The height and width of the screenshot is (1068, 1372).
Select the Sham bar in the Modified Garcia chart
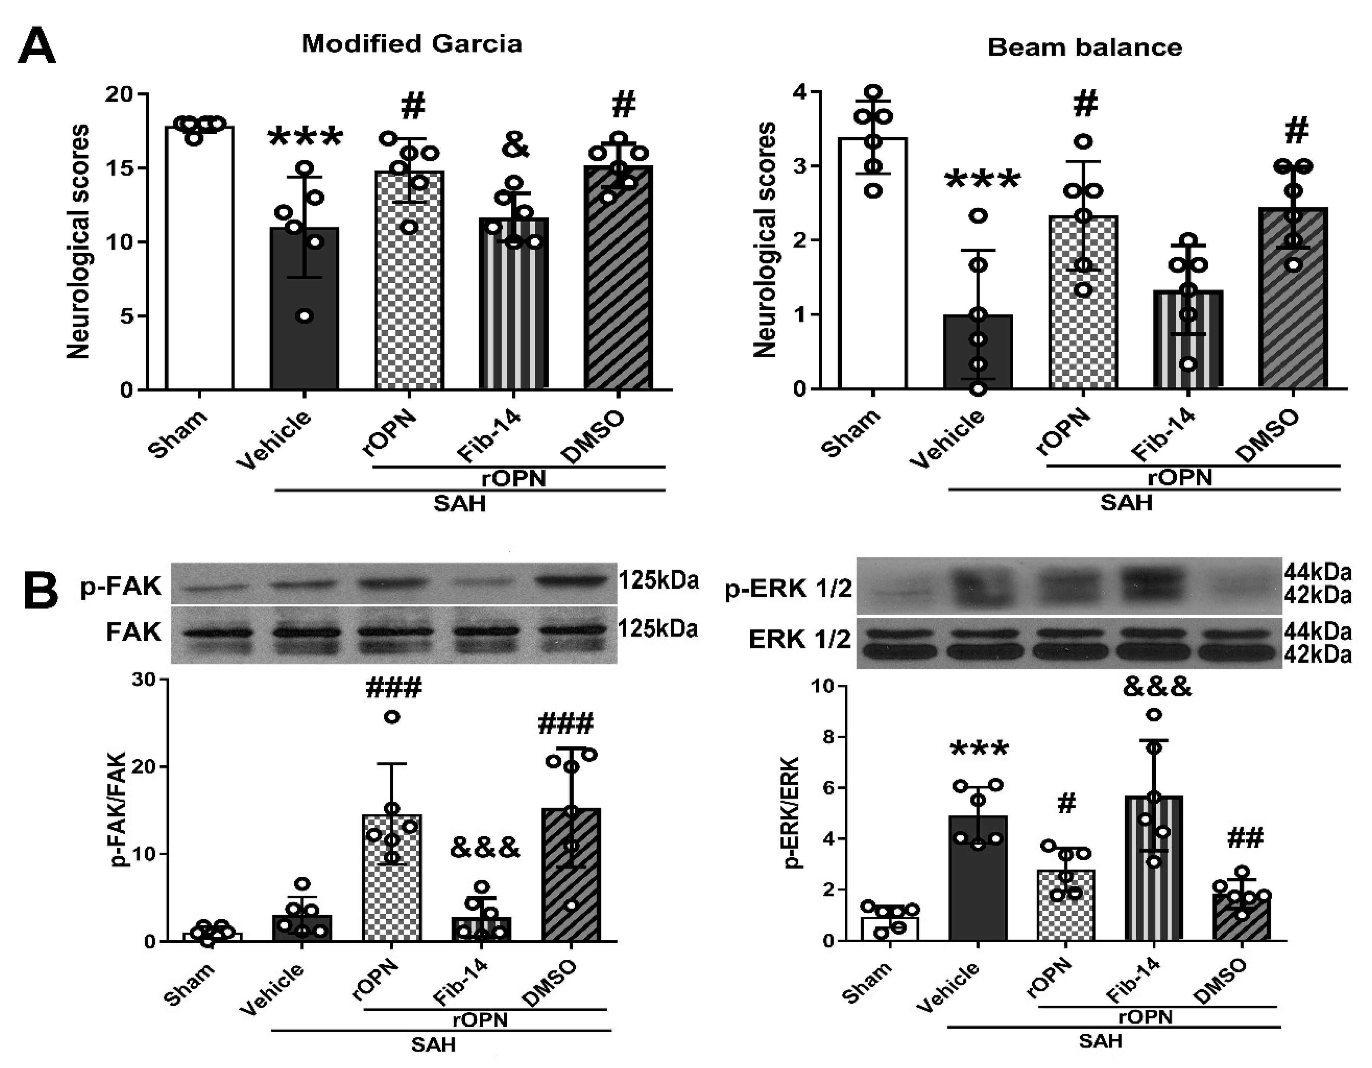[200, 264]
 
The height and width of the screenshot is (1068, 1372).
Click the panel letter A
[36, 47]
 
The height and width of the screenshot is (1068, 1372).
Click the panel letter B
[40, 591]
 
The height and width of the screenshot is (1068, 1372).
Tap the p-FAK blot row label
[121, 586]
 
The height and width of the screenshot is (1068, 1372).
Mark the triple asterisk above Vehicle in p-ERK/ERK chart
[979, 749]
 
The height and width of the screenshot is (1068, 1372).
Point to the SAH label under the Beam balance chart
[1126, 503]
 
